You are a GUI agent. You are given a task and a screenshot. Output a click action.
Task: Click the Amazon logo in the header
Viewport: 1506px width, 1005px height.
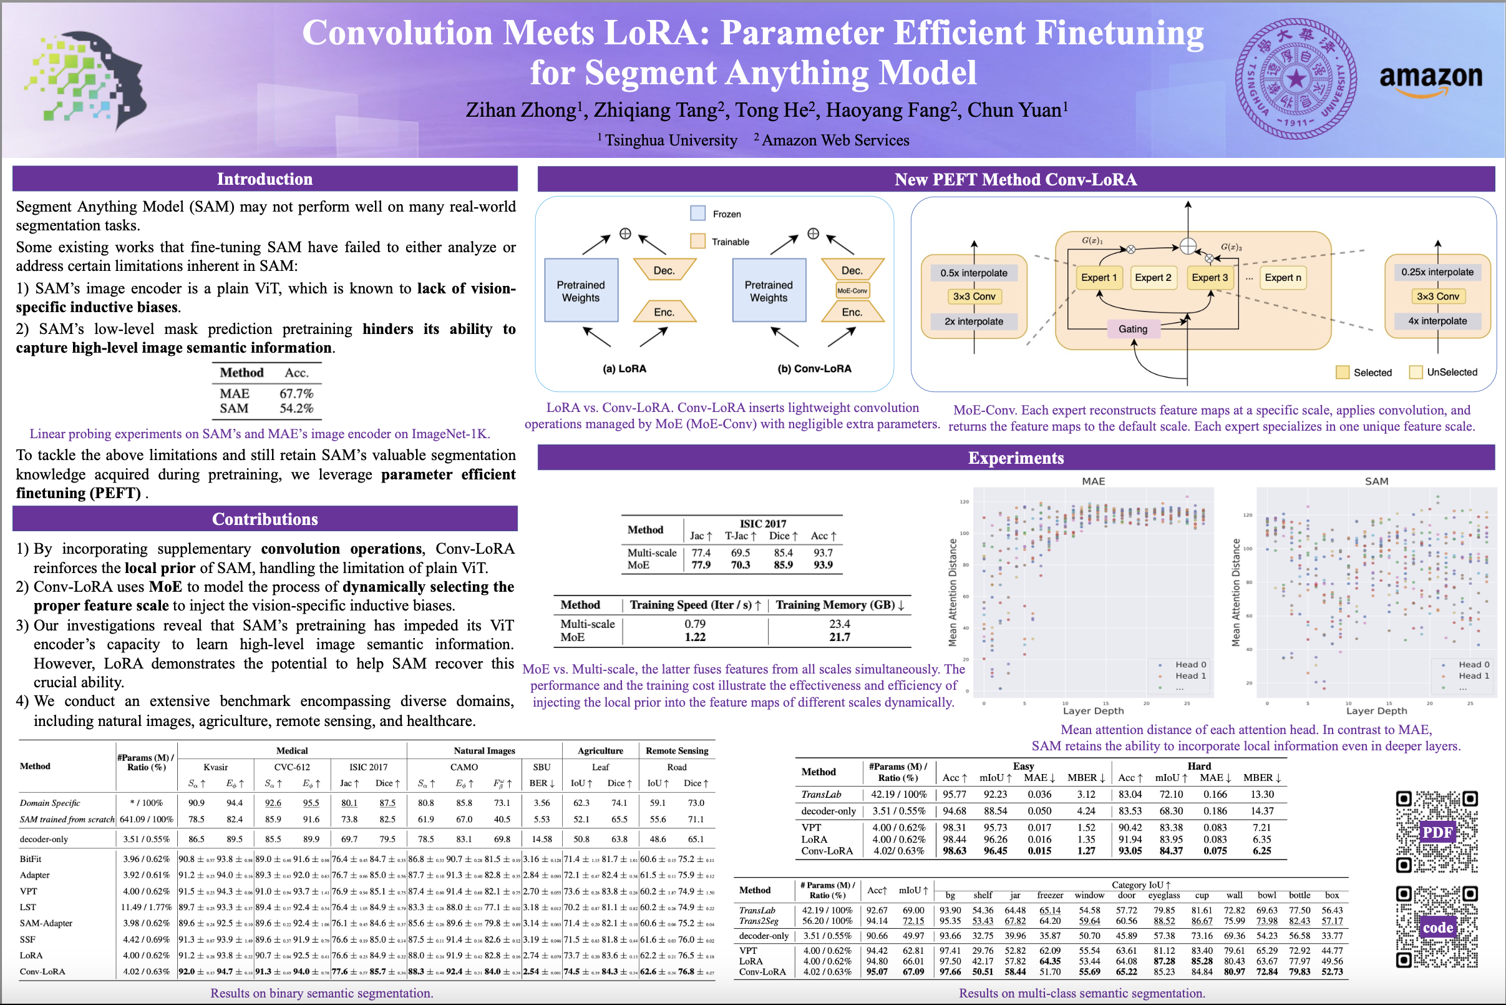1430,80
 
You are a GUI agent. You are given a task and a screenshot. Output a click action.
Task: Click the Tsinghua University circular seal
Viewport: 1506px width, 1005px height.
1296,79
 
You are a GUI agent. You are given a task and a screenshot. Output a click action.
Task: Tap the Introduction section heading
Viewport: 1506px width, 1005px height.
265,179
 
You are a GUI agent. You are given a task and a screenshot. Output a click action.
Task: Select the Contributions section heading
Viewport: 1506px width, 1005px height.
265,519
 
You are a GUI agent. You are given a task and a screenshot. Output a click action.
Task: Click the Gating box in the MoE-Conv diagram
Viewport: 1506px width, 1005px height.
1132,329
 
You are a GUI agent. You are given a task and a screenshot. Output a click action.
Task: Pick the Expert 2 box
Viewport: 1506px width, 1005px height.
1152,278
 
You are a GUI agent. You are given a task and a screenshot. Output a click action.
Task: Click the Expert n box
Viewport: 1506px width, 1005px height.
1283,278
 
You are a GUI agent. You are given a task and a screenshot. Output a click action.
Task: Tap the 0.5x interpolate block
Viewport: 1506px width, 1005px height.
973,273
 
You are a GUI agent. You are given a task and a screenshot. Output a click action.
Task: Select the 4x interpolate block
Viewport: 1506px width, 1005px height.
1437,321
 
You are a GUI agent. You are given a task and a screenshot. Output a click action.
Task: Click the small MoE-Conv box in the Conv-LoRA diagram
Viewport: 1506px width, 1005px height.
852,291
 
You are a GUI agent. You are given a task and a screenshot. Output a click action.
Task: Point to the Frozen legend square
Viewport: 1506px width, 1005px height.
697,213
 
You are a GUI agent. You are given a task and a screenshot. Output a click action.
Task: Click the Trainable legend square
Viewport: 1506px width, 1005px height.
697,242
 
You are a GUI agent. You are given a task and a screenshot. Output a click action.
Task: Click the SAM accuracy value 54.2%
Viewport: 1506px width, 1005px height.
296,408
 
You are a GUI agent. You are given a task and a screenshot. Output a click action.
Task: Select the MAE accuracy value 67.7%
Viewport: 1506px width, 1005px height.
296,393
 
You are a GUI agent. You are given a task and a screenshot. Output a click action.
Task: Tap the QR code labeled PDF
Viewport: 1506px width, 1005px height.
1437,832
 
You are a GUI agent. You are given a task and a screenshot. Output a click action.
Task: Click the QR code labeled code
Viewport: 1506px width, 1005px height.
1437,927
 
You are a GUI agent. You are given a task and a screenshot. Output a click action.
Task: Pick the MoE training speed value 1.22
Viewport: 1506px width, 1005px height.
694,637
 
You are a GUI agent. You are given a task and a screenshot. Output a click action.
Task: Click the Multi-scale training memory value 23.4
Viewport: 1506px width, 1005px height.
839,624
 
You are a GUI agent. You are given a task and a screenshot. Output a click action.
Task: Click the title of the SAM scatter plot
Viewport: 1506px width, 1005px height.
1376,481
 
